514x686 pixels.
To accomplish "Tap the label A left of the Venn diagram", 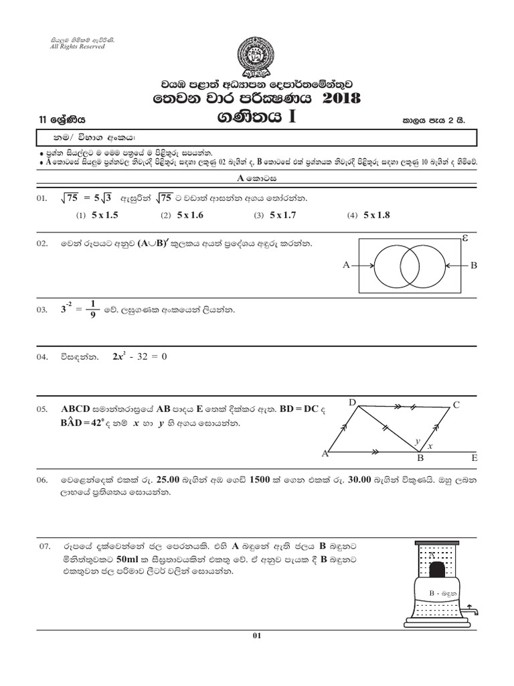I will point(346,265).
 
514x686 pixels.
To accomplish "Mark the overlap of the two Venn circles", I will point(409,265).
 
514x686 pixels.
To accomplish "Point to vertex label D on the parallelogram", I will point(352,402).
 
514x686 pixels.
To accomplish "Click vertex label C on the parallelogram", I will point(456,404).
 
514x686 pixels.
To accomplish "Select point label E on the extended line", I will point(474,458).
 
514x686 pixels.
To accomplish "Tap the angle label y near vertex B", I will point(416,441).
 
